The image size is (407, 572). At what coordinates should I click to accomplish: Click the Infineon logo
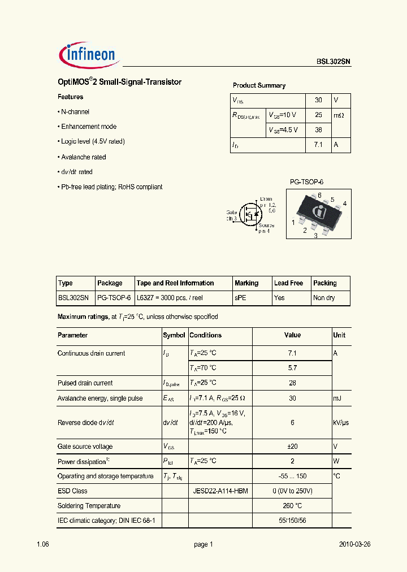coord(88,54)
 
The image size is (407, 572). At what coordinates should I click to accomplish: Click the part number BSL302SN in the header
coord(334,63)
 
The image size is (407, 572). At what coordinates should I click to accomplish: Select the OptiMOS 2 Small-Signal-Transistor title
coord(119,82)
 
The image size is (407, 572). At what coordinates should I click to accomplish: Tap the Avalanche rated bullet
coord(83,157)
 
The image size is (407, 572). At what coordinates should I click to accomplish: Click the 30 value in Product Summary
coord(318,100)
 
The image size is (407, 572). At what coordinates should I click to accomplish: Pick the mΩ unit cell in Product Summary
coord(339,115)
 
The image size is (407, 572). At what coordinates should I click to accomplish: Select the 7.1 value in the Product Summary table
coord(318,145)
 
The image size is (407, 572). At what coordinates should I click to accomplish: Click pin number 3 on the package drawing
coord(315,236)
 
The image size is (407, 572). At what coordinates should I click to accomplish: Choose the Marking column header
coord(246,283)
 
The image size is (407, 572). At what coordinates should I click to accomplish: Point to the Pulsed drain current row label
coord(85,383)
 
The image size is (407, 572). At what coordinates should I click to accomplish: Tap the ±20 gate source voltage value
coord(292,447)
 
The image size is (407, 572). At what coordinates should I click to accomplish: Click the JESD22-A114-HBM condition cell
coord(220,491)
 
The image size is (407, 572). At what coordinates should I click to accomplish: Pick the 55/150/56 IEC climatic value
coord(292,521)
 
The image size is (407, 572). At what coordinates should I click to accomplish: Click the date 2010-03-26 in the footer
coord(354,544)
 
